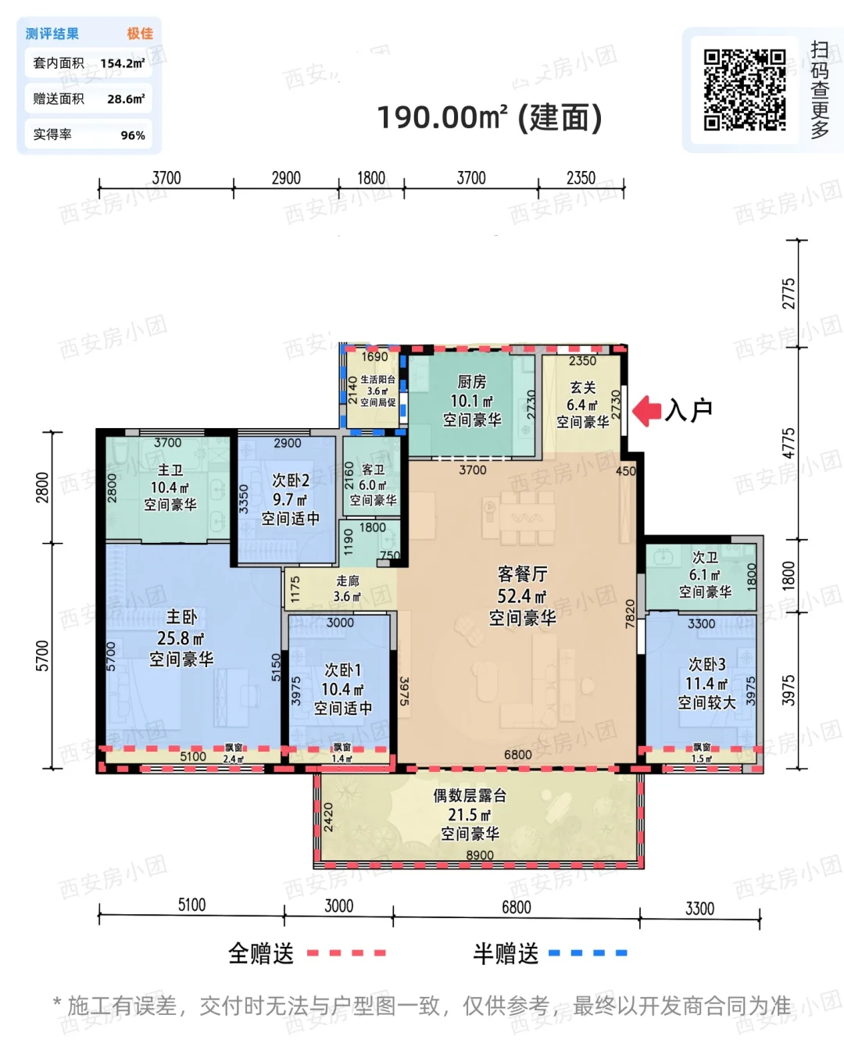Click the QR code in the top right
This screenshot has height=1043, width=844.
744,90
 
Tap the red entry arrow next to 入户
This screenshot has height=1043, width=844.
647,410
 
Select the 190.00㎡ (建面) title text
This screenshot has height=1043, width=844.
490,118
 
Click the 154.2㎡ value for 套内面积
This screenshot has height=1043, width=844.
123,63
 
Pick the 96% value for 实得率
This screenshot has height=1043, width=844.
133,135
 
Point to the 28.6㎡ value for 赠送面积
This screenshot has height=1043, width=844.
126,99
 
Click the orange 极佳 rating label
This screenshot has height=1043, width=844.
140,34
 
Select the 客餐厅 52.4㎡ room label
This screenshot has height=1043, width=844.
522,596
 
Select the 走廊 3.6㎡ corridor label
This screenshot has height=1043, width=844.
347,588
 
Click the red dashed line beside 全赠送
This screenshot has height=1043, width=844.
346,952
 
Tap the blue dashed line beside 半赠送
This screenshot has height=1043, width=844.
588,952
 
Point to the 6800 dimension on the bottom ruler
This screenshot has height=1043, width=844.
516,907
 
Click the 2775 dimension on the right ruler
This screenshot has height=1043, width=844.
789,293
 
